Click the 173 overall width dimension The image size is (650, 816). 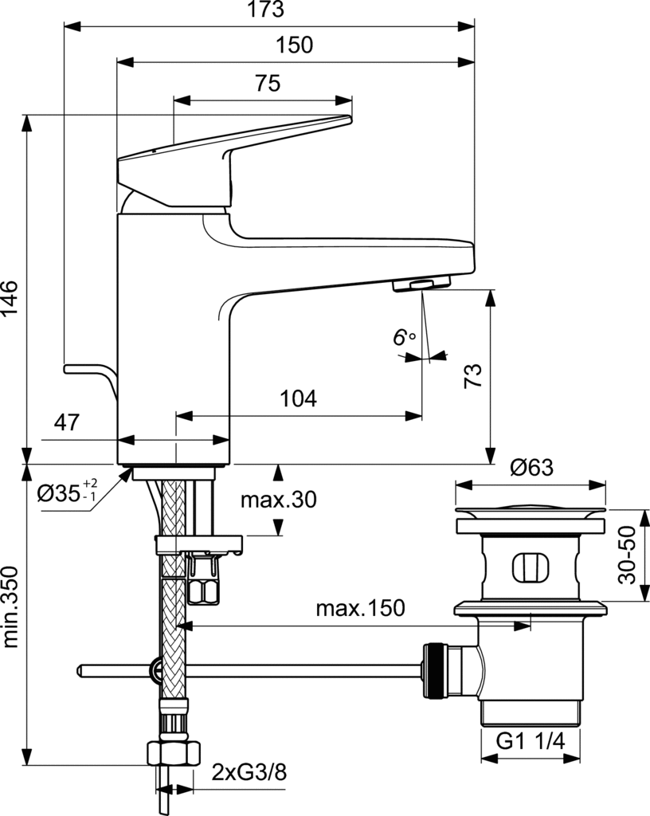(266, 10)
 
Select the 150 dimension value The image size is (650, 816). (294, 45)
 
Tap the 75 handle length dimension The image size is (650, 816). (268, 83)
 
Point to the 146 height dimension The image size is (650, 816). (10, 298)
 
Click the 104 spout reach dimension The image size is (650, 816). (298, 398)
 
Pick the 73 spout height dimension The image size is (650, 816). (473, 375)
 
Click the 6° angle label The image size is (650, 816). (404, 337)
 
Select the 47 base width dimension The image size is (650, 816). (67, 422)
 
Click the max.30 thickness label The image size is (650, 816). (279, 500)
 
